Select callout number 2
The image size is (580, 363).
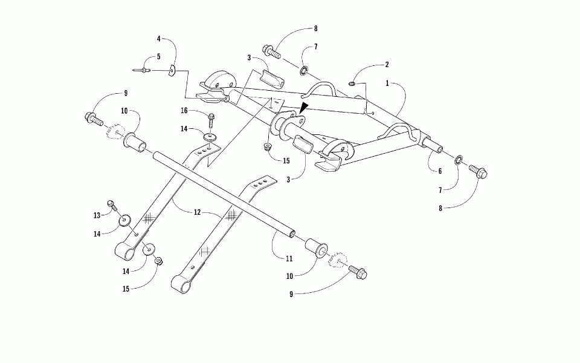coord(387,65)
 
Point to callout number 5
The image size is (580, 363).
coord(159,57)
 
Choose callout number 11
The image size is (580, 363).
coord(289,258)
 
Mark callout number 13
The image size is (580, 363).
coord(96,216)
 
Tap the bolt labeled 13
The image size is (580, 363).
coord(112,205)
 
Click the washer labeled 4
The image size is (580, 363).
coord(172,71)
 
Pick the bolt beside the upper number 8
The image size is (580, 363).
coord(272,51)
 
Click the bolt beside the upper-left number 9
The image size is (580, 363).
coord(94,117)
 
